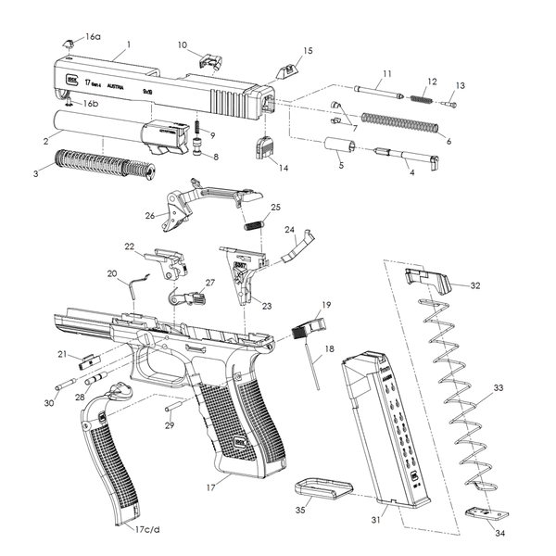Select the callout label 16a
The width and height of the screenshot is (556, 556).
pyautogui.click(x=93, y=36)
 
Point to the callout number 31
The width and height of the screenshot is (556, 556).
pyautogui.click(x=376, y=521)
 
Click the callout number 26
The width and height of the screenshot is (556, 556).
pyautogui.click(x=149, y=216)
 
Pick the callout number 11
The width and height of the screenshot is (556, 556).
pyautogui.click(x=386, y=72)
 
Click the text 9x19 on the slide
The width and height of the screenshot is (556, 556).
pyautogui.click(x=146, y=92)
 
